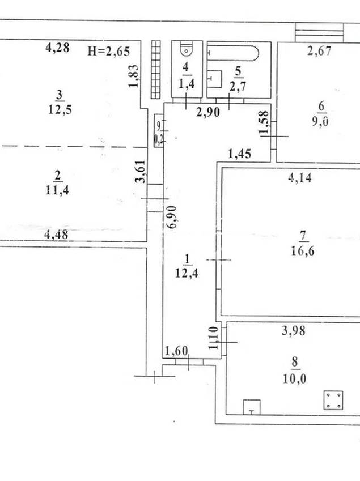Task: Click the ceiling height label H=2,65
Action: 109,51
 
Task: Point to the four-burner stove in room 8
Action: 333,400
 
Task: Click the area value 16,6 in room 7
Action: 302,251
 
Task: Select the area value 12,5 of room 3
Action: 60,109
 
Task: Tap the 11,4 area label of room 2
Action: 57,190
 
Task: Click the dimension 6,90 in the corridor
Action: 172,216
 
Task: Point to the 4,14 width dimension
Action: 300,178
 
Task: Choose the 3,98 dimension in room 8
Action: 294,331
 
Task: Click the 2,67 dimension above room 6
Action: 320,50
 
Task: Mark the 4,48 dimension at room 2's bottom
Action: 56,235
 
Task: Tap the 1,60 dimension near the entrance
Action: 176,351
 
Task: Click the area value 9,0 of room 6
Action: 320,121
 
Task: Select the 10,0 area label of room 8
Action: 294,379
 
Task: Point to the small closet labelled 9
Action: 159,130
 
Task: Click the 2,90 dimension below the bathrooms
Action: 208,113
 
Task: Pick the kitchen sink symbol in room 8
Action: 252,407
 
